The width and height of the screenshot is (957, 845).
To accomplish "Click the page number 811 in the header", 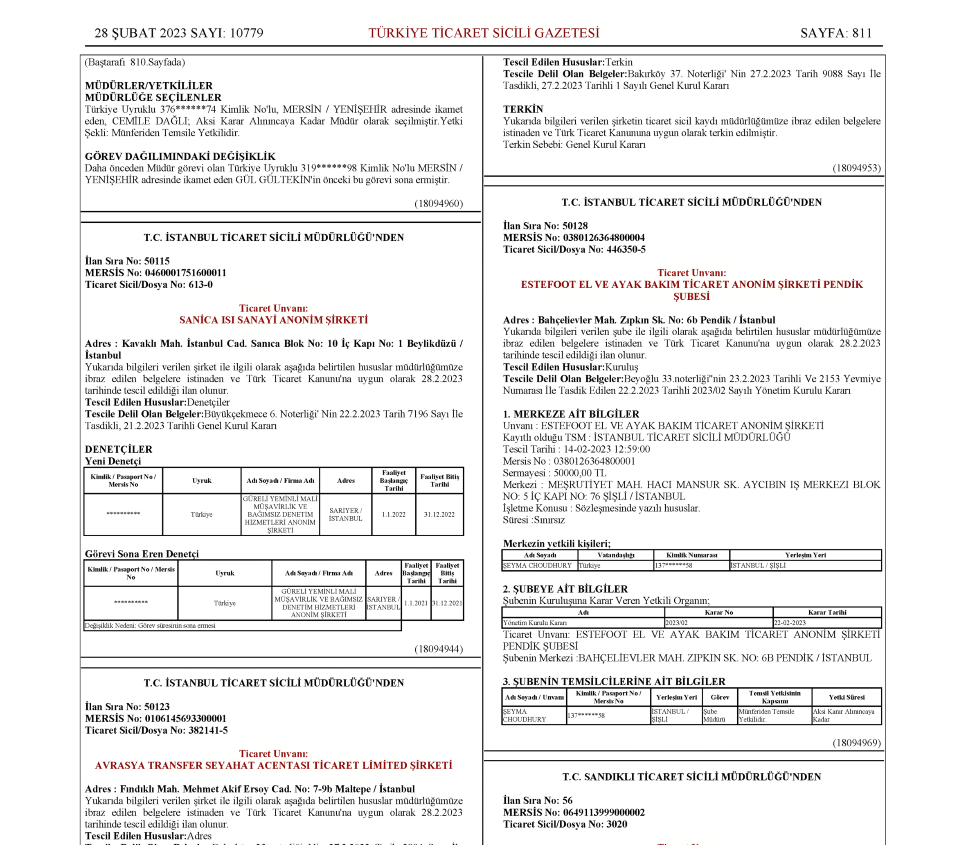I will [862, 33].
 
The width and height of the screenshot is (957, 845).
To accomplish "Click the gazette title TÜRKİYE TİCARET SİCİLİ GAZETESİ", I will [484, 33].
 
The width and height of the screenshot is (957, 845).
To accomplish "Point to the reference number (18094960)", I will [438, 203].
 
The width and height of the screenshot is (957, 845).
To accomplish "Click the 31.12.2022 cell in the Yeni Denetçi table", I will [439, 514].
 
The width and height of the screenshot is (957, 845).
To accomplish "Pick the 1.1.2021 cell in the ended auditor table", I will [416, 603].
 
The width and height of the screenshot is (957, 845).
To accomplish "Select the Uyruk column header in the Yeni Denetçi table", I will [202, 481].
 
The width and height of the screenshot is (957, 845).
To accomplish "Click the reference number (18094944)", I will [438, 649].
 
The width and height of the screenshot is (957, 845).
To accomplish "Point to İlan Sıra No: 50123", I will [127, 706].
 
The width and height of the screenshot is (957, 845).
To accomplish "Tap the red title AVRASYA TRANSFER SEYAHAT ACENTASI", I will [273, 765].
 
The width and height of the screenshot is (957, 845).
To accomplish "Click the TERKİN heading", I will [523, 109].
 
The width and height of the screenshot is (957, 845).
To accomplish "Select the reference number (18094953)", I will [856, 168].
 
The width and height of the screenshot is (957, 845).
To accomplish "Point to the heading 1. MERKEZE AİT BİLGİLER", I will [571, 414].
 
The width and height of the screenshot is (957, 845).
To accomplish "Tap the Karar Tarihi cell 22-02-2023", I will [790, 623].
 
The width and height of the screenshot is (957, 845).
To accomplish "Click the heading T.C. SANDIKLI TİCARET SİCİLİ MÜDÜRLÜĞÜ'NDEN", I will [691, 777].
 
